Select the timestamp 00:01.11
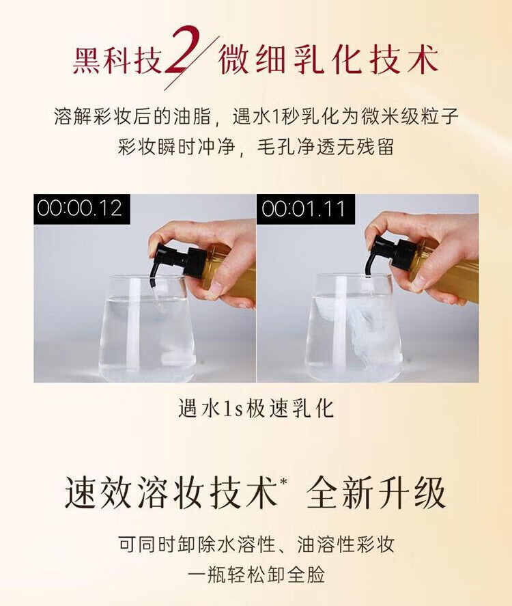click(x=302, y=208)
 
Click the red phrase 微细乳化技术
click(x=328, y=60)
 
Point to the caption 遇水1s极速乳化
click(x=255, y=409)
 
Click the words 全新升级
click(x=376, y=493)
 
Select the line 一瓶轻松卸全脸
click(x=256, y=574)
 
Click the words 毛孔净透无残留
click(x=325, y=147)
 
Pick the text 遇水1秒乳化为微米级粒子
click(x=345, y=116)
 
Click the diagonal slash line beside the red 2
click(x=192, y=63)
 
